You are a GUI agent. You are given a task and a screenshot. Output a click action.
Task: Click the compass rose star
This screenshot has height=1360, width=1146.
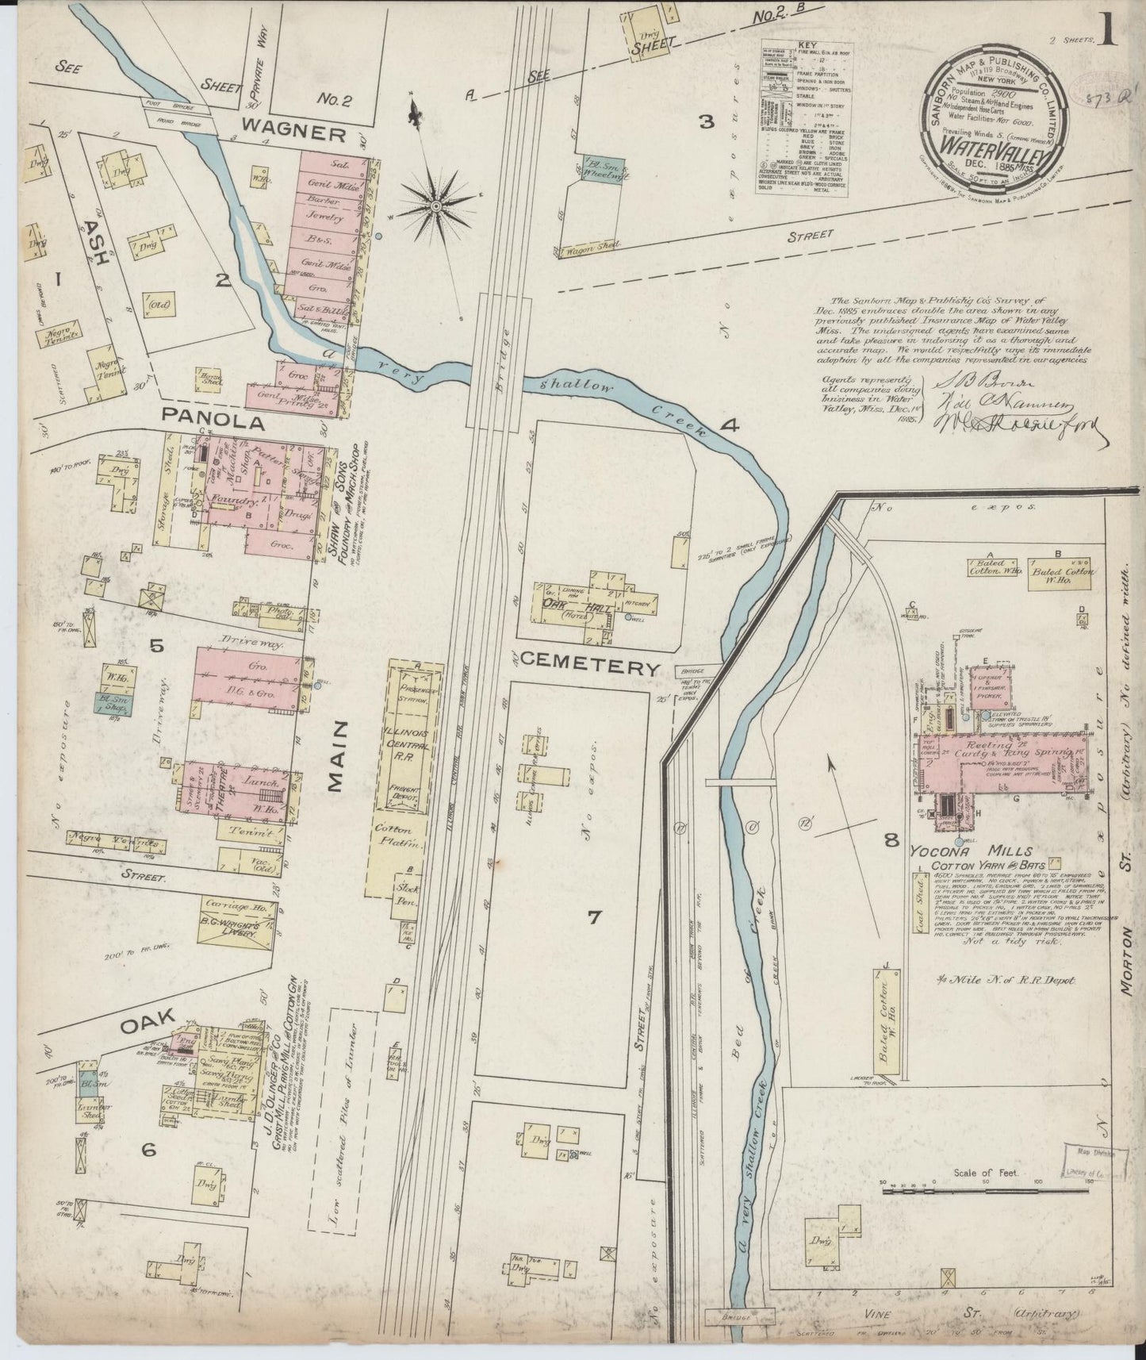(435, 206)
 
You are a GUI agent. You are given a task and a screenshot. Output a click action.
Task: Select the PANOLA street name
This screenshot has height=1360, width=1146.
(213, 423)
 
